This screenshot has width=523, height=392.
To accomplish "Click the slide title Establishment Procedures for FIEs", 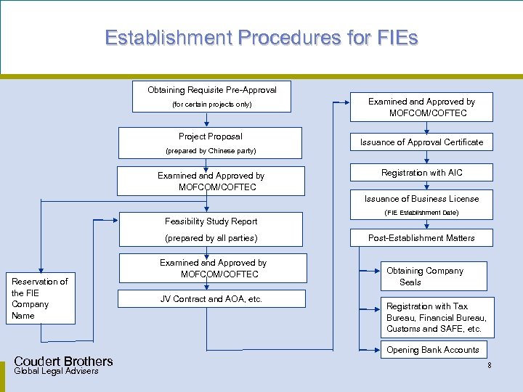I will click(261, 38).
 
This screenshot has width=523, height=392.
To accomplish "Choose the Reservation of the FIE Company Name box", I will click(40, 298).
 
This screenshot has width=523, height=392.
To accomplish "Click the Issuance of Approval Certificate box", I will click(421, 142).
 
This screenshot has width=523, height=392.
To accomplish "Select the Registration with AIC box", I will click(421, 173).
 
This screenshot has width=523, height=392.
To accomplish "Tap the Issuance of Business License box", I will click(421, 199).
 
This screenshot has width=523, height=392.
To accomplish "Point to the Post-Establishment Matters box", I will click(421, 238).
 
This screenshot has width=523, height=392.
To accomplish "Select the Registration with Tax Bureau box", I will click(436, 318).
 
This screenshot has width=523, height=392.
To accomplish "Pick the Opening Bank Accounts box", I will click(432, 350).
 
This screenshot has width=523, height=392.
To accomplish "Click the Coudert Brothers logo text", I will click(63, 362).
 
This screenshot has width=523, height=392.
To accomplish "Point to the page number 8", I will click(490, 365).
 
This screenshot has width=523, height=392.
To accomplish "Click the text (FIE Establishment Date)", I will click(421, 213).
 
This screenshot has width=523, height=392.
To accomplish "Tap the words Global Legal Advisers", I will click(56, 372).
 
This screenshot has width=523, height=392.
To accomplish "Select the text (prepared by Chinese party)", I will click(211, 151).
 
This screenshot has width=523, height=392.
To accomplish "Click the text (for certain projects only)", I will click(211, 105).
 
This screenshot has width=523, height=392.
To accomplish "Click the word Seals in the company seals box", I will click(410, 282).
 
